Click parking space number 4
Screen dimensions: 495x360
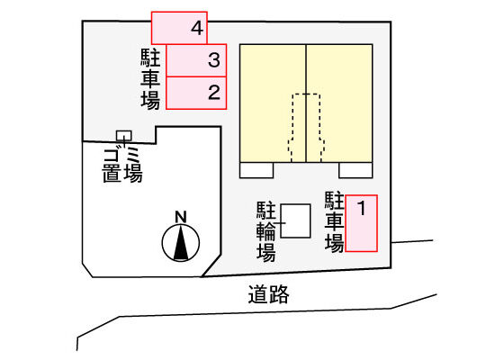(179, 28)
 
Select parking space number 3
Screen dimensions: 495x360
(196, 60)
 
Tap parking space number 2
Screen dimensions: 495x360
(196, 94)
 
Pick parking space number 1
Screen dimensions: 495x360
(361, 223)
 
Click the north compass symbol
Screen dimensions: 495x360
(181, 243)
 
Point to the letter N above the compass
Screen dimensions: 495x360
(181, 217)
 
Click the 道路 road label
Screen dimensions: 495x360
(268, 294)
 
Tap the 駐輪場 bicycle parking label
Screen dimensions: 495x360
(265, 231)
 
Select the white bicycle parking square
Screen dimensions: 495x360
(295, 220)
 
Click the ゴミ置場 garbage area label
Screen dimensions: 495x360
(122, 166)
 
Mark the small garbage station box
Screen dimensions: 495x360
(124, 136)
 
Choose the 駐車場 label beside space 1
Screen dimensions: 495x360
(334, 222)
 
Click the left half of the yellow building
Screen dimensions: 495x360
(273, 103)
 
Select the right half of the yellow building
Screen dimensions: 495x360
(339, 103)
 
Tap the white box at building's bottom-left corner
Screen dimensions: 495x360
(256, 170)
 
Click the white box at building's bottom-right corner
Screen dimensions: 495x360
(355, 170)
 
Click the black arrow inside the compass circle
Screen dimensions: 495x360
(181, 244)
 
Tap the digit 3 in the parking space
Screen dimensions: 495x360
(214, 60)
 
